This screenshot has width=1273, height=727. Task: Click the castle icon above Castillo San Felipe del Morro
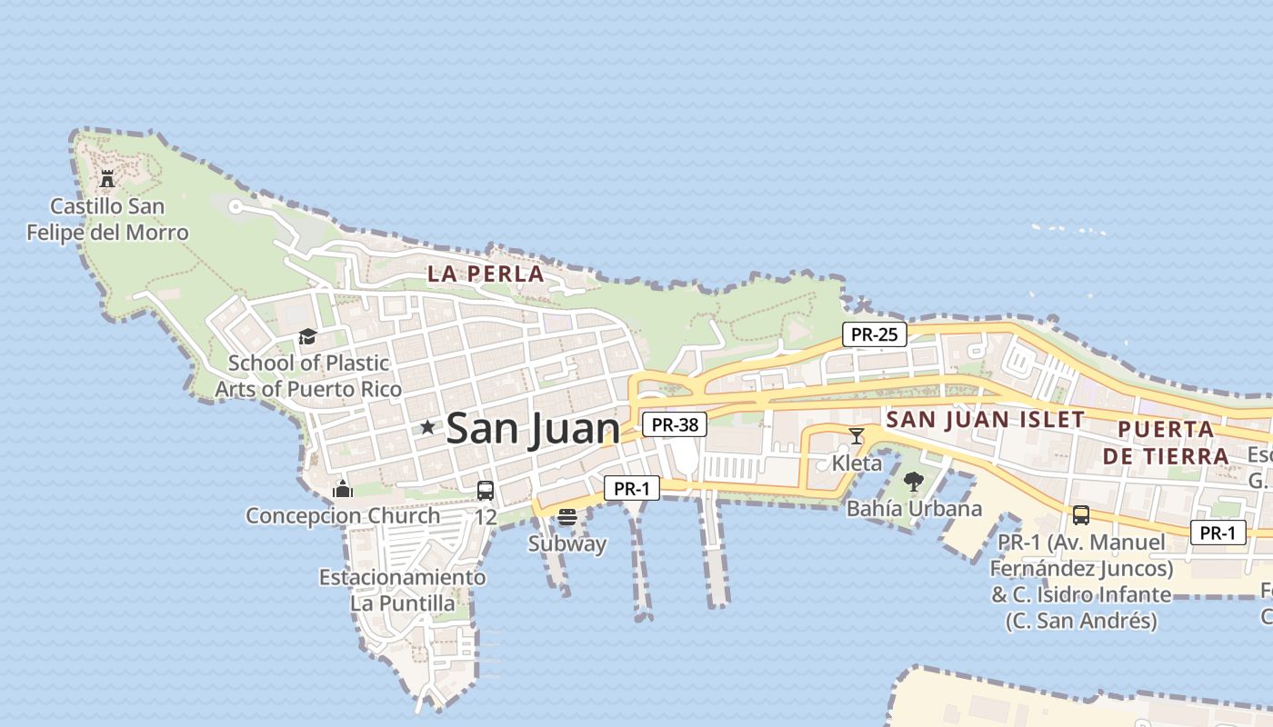107,178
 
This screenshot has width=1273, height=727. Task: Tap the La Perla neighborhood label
486,274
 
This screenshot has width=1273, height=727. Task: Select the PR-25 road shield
874,334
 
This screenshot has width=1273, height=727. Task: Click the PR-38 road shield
674,424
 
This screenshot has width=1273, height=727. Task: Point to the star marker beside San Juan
427,427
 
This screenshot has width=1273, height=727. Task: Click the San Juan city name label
533,428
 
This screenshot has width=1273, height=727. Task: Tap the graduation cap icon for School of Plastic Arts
307,337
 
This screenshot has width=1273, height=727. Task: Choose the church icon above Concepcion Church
343,489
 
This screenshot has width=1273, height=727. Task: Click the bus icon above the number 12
486,491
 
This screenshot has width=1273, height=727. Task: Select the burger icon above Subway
567,517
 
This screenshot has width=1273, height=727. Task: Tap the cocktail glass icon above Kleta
856,436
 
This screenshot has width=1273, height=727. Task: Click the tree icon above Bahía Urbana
914,482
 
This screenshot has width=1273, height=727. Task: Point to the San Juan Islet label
986,419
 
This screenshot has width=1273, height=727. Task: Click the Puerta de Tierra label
1166,443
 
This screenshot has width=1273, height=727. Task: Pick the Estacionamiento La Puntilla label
402,590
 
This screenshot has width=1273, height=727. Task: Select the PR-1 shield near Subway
632,489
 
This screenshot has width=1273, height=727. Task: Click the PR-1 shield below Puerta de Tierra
1218,533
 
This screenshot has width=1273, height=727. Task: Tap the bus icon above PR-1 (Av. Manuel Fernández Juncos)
1081,515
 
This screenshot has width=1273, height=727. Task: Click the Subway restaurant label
567,543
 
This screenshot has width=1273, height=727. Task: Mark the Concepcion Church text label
343,516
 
